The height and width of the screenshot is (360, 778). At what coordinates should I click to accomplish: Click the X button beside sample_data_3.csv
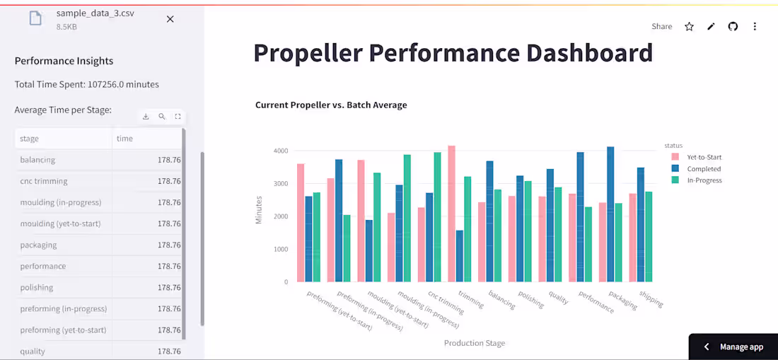click(170, 19)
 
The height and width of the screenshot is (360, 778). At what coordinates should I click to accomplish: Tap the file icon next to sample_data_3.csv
click(35, 18)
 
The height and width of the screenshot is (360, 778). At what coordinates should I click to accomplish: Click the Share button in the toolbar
click(661, 26)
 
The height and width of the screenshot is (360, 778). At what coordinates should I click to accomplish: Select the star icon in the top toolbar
click(689, 26)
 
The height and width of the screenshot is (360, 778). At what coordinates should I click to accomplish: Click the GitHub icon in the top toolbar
click(733, 26)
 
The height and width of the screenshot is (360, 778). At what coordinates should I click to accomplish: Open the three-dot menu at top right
click(755, 26)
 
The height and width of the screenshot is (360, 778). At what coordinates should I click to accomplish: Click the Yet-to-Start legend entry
click(704, 157)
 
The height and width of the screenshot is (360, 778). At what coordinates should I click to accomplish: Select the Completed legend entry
click(704, 169)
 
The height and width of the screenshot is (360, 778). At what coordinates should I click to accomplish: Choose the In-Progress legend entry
click(704, 180)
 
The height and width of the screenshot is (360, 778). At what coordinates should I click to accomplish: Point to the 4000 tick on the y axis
click(281, 151)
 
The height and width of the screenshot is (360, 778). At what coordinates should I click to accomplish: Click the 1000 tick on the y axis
click(281, 249)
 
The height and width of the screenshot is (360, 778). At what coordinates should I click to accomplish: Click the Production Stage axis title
click(475, 343)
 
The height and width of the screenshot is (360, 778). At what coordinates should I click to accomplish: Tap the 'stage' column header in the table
click(30, 139)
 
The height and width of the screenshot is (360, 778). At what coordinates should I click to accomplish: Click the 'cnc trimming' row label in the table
click(44, 181)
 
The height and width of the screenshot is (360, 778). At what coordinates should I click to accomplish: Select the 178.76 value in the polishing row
click(169, 288)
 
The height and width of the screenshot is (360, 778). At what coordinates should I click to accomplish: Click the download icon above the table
click(146, 117)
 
